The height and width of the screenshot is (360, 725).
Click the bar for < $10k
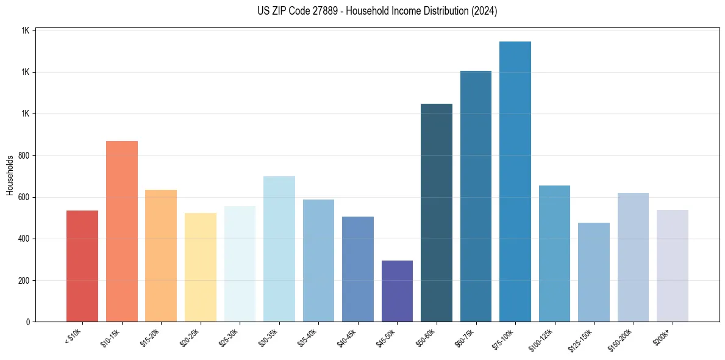point(82,266)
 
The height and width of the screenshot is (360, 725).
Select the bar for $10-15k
point(122,231)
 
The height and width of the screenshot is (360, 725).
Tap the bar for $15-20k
point(161,256)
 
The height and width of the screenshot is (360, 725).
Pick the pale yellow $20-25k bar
point(201,267)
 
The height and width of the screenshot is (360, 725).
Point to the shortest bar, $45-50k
point(397,291)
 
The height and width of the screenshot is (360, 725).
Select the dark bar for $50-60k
point(437,213)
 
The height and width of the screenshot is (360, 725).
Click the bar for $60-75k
point(476,196)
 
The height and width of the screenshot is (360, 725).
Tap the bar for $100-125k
point(554,254)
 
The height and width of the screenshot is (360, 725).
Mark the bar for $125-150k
point(594,272)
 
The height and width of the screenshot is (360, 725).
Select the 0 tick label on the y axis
point(29,322)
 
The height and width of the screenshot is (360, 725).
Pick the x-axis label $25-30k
point(228,337)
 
